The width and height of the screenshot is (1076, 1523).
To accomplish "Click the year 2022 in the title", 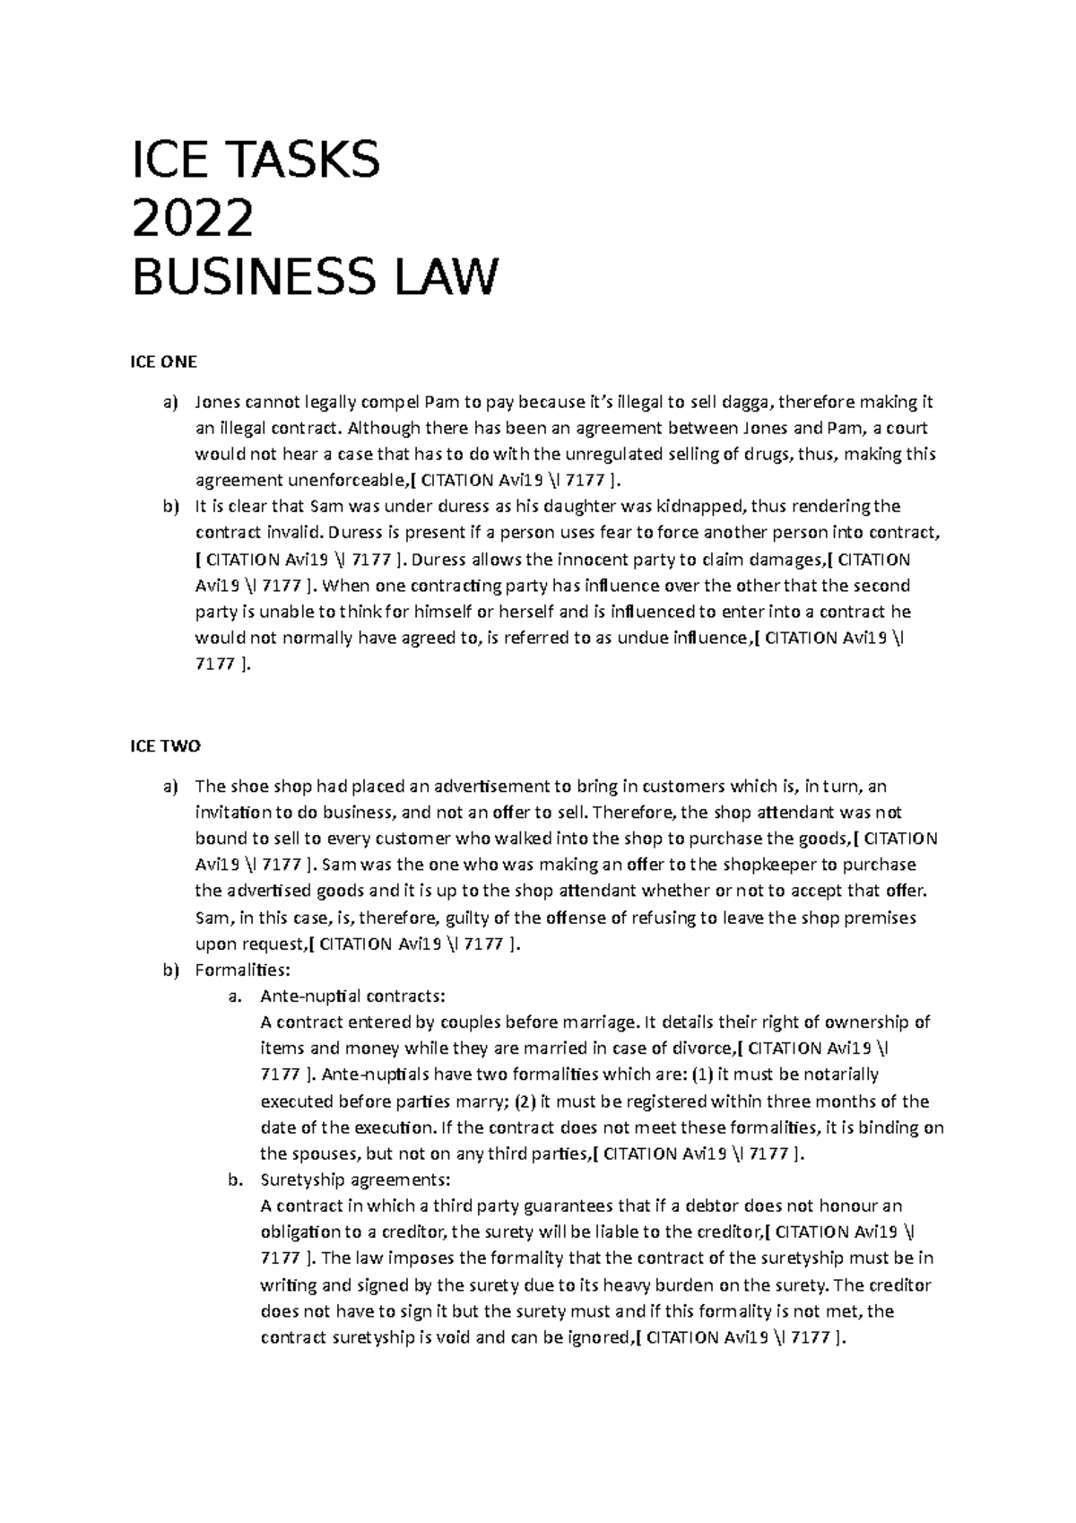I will point(192,218).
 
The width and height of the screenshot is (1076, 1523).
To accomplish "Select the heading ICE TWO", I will point(166,746).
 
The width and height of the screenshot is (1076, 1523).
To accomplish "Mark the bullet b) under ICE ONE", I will point(170,507).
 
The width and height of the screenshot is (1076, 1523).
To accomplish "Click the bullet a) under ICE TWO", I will point(170,787).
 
